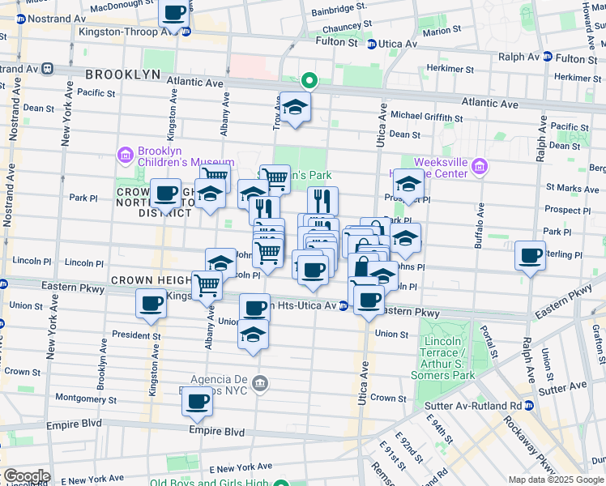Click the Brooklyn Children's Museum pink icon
125,154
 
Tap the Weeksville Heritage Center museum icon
480,167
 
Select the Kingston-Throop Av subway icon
186,32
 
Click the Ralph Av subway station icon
548,58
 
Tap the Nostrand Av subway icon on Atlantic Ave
48,70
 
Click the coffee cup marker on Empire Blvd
198,401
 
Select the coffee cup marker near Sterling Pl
531,257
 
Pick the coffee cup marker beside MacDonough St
173,13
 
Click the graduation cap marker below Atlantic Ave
295,107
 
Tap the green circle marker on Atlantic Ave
308,80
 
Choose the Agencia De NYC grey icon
259,383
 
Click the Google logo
26,476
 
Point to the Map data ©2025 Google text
556,479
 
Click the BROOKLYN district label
123,74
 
